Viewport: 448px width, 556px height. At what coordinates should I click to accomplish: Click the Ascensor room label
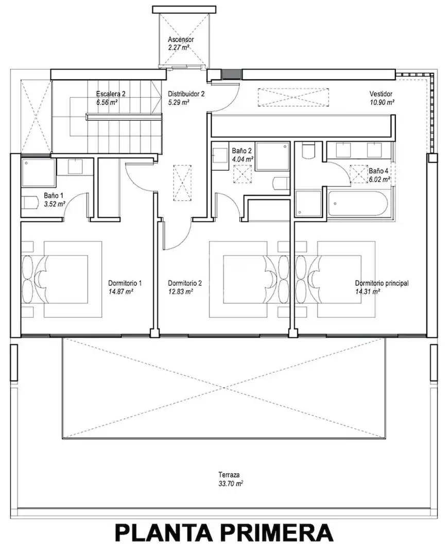pos(181,39)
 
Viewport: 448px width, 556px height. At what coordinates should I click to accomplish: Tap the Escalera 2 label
pos(111,94)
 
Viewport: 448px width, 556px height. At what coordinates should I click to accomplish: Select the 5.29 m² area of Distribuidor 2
pos(178,102)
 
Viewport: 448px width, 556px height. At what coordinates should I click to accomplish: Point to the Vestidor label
pos(381,94)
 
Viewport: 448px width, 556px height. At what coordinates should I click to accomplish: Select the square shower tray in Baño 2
pos(273,156)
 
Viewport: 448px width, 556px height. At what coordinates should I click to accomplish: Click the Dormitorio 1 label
pos(125,283)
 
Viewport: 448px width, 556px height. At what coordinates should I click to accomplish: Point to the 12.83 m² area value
pos(181,292)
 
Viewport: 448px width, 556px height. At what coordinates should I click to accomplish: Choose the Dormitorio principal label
pos(382,283)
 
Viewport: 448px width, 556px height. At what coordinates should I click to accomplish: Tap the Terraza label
pos(229,475)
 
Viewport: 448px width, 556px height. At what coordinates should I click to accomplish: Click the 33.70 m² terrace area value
pos(231,483)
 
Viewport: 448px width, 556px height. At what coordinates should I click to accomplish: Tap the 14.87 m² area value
pos(120,292)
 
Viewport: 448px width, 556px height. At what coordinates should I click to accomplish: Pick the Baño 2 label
pos(242,151)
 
